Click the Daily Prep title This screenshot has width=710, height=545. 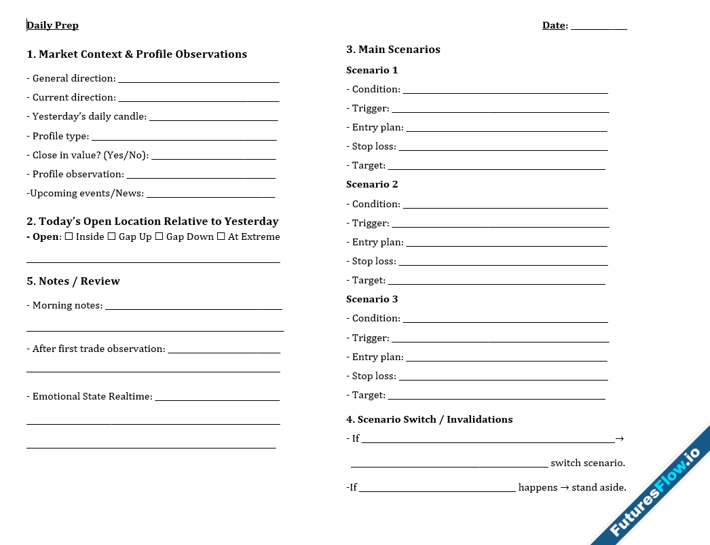click(53, 25)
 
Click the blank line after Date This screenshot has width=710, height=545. click(598, 27)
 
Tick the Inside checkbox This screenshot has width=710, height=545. click(69, 236)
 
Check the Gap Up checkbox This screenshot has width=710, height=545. click(112, 236)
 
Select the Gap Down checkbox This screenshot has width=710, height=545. click(159, 236)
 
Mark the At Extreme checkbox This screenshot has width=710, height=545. click(221, 236)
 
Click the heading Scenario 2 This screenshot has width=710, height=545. click(372, 184)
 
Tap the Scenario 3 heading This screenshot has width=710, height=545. click(372, 299)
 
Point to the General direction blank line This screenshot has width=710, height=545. click(198, 81)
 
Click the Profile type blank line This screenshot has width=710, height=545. click(184, 139)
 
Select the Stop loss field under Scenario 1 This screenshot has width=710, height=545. click(503, 149)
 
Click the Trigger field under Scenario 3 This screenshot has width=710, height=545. click(500, 340)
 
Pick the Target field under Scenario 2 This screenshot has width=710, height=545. click(496, 283)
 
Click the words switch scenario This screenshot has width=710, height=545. click(588, 463)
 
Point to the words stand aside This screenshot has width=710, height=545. click(599, 487)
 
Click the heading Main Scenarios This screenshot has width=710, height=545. click(393, 49)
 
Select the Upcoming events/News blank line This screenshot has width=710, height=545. click(210, 196)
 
